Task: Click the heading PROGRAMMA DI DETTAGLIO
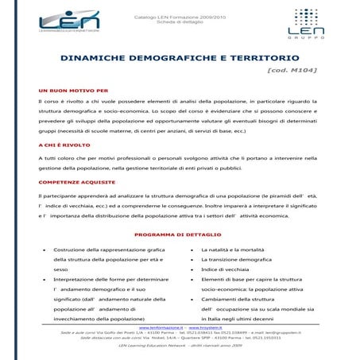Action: [180, 234]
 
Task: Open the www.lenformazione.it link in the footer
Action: [157, 327]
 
